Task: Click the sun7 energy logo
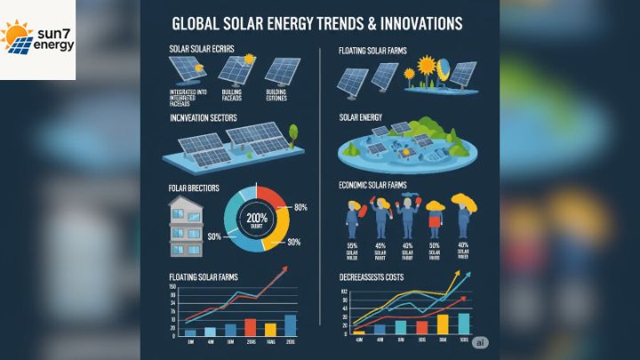37,38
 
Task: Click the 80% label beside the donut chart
300,207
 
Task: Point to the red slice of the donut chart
269,196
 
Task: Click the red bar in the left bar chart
250,326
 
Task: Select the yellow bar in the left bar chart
270,329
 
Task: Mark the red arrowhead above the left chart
285,268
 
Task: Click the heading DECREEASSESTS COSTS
378,278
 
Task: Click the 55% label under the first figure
353,244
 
